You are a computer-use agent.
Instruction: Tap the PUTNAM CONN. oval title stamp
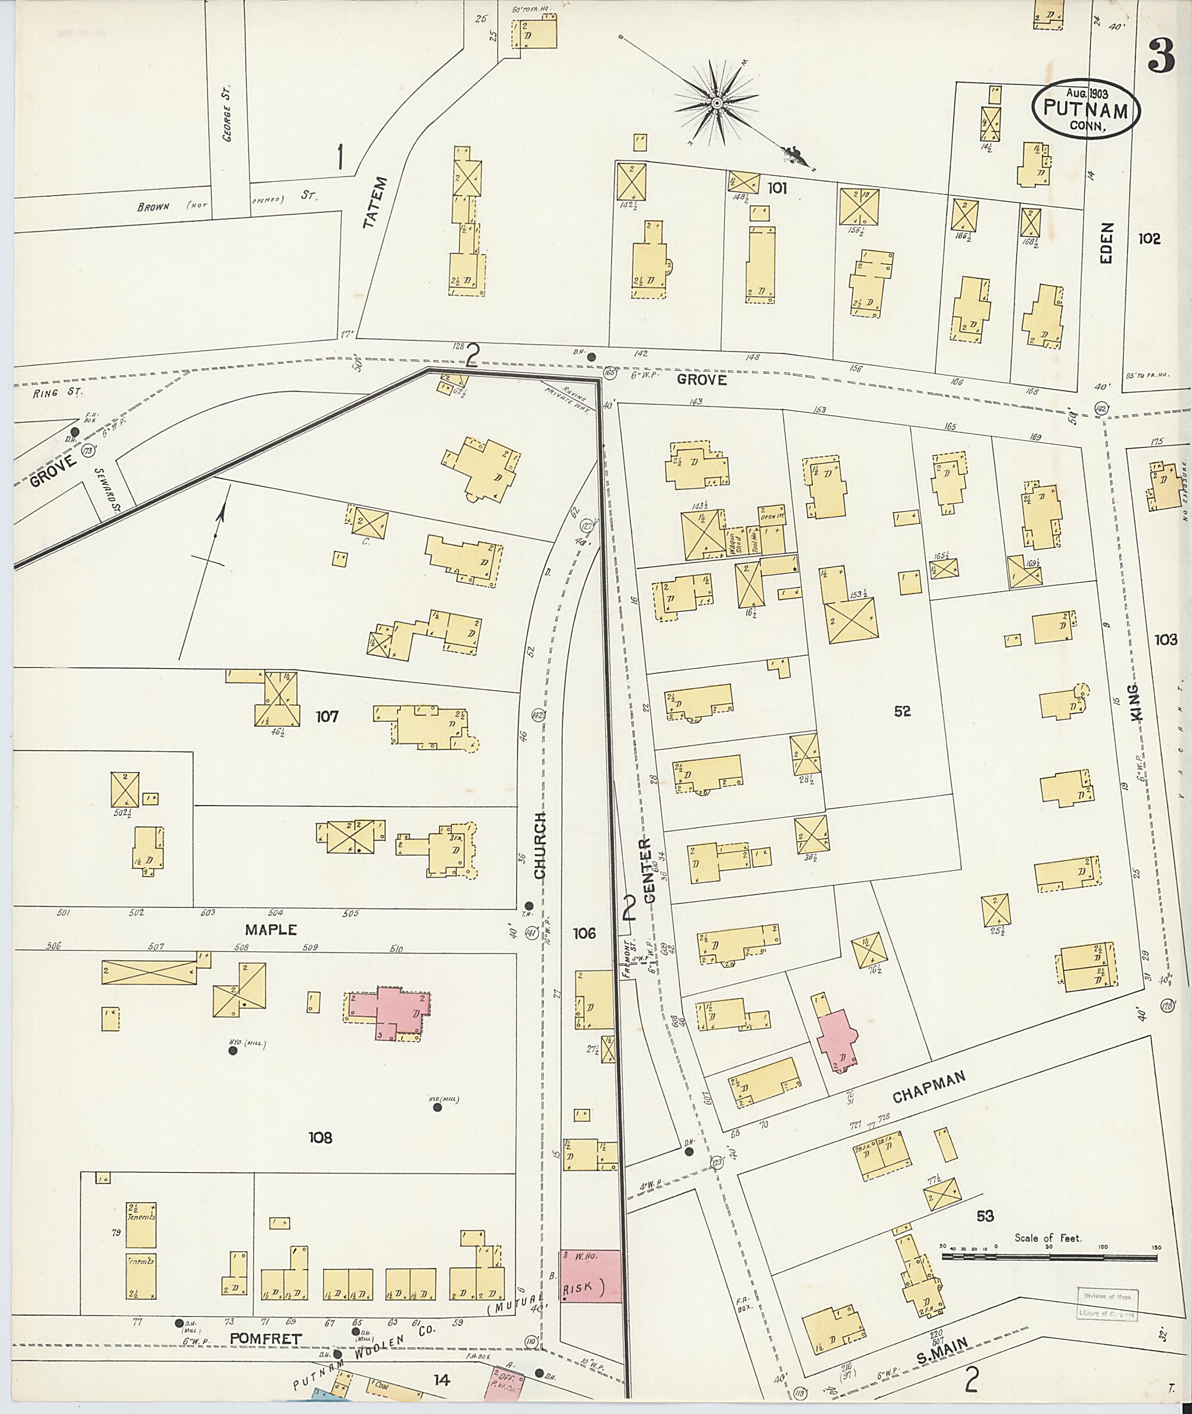tap(1086, 109)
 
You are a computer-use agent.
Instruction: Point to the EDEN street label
tap(1106, 243)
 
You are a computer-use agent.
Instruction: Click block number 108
tap(320, 1137)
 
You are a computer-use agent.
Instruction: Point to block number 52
tap(902, 710)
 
